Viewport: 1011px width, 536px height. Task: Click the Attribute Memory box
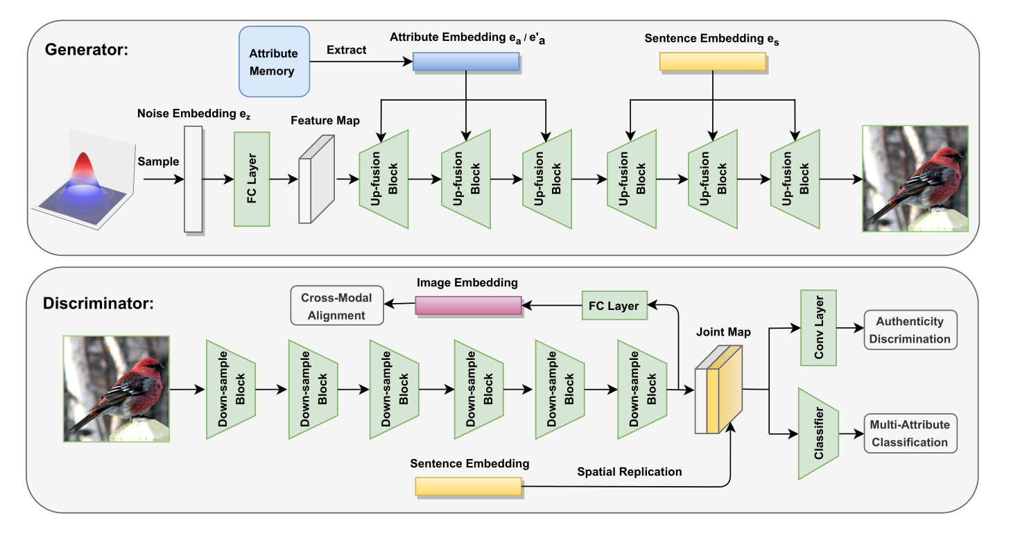(x=274, y=62)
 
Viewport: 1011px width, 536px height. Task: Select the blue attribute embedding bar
(x=465, y=62)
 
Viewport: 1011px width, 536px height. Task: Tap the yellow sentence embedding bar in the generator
(x=712, y=62)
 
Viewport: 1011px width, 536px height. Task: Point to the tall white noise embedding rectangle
(x=193, y=179)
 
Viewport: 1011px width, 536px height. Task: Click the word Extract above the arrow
(x=347, y=50)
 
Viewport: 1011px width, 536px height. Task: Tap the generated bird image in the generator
(x=915, y=178)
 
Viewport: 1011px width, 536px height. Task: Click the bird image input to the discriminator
(x=116, y=388)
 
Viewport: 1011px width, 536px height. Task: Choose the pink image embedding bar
(x=468, y=306)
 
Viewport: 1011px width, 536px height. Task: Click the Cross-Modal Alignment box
(x=336, y=306)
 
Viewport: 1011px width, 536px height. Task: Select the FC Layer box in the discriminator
(x=614, y=306)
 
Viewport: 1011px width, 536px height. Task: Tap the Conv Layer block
(x=819, y=328)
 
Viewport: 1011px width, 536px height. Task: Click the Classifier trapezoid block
(x=819, y=434)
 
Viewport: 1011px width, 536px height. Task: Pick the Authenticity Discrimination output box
(x=910, y=330)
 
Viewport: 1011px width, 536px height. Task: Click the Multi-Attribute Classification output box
(x=910, y=433)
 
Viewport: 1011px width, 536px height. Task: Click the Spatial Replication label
(x=630, y=472)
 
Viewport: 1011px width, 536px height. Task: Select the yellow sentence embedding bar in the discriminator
(x=467, y=486)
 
